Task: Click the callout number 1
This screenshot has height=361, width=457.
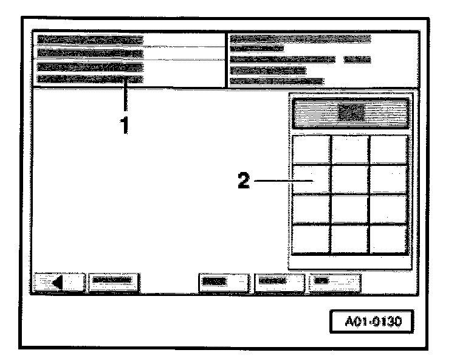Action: (125, 126)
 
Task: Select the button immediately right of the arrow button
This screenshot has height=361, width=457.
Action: (114, 282)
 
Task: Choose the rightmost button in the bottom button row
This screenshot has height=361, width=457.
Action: (335, 282)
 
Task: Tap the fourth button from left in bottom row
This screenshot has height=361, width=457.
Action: (279, 282)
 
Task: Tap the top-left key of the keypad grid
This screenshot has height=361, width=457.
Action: (312, 150)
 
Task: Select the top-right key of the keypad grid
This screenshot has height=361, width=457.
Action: (388, 150)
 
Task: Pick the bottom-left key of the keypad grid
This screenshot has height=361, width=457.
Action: (312, 239)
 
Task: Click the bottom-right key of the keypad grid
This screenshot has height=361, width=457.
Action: (388, 239)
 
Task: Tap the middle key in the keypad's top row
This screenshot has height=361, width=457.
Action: (350, 150)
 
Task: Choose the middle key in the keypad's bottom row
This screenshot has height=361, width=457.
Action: (350, 239)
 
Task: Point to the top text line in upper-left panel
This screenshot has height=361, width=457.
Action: (90, 40)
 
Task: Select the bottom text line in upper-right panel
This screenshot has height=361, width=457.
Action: (277, 81)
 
